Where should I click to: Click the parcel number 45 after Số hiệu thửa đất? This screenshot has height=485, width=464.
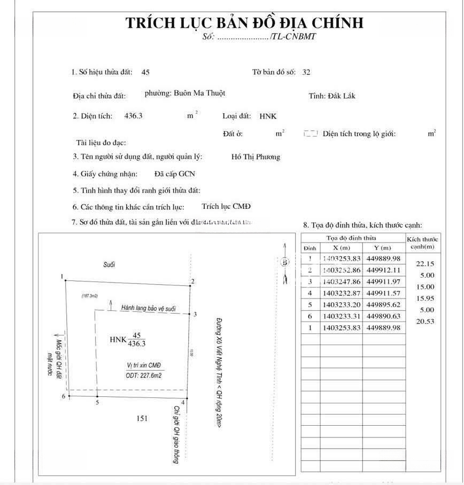[x=145, y=72]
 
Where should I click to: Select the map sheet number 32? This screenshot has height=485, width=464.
[x=306, y=72]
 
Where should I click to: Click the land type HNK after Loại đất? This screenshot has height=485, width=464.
[x=268, y=116]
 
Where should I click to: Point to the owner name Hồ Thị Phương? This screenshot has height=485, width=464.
[x=256, y=157]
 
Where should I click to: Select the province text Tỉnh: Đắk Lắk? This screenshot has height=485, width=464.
[x=332, y=96]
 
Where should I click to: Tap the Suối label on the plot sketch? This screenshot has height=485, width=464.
[x=110, y=264]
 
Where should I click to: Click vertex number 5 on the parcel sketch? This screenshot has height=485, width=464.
[x=97, y=403]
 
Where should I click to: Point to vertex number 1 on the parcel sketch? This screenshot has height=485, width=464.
[x=63, y=276]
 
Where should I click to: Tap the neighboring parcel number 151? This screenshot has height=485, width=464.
[x=142, y=418]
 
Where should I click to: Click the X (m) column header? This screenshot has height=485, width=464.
[x=341, y=248]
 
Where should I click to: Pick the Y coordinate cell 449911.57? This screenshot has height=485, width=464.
[x=384, y=293]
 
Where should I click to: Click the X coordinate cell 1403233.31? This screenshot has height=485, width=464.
[x=341, y=316]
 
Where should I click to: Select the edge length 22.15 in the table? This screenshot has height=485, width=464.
[x=422, y=263]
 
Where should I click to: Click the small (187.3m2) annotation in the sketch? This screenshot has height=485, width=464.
[x=92, y=295]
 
